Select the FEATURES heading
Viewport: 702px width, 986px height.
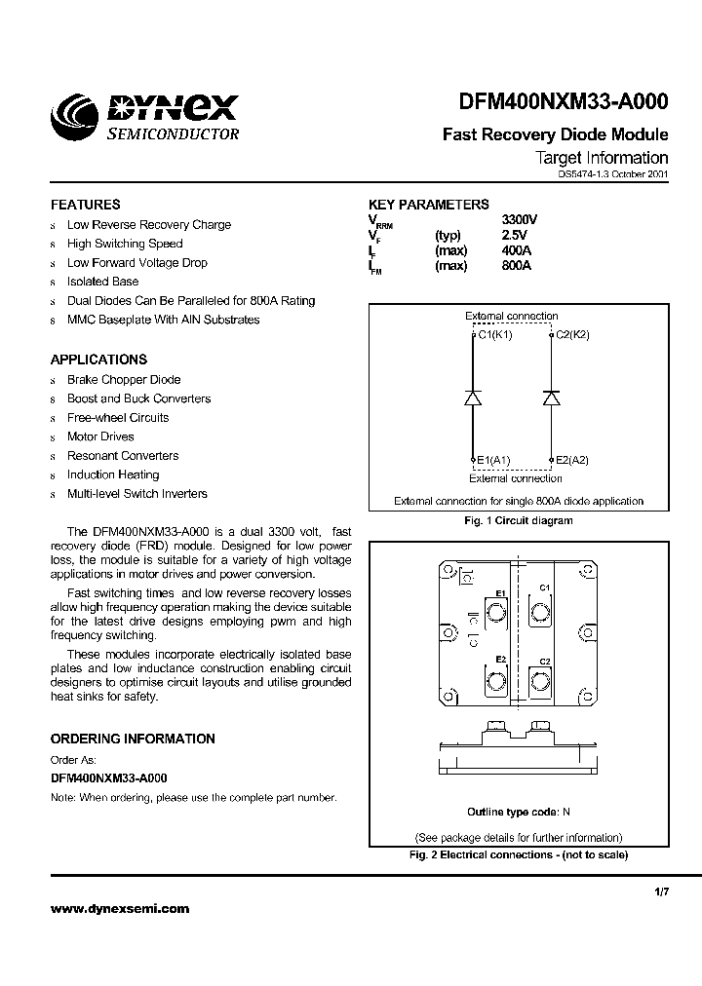tap(86, 205)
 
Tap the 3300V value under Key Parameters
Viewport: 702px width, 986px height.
tap(519, 220)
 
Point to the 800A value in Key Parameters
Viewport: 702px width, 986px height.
tap(516, 266)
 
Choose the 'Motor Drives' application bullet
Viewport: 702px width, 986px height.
tap(100, 436)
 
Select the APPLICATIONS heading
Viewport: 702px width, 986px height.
tap(98, 360)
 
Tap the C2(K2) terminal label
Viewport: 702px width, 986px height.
tap(572, 334)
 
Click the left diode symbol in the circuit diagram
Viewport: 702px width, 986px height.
tap(472, 398)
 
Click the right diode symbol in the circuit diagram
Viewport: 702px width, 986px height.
tap(550, 398)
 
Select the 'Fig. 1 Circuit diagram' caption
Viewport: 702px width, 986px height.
tap(518, 520)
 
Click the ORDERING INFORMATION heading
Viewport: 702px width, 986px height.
tap(133, 739)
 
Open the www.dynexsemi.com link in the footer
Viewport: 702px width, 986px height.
tap(120, 909)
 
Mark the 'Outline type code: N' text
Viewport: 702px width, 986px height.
tap(519, 812)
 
